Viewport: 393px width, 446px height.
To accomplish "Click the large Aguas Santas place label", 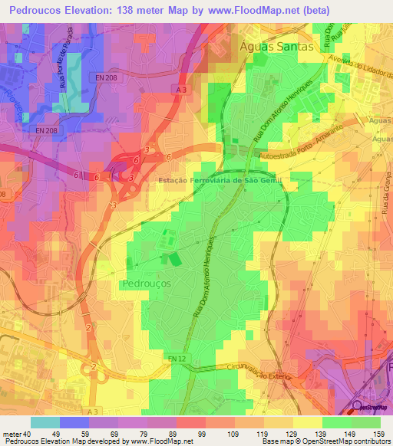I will (x=277, y=46).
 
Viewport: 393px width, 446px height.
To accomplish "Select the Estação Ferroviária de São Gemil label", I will (x=200, y=179).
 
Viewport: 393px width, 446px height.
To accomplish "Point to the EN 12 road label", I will (x=178, y=359).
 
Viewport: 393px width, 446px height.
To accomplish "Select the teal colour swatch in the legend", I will (x=45, y=422).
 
